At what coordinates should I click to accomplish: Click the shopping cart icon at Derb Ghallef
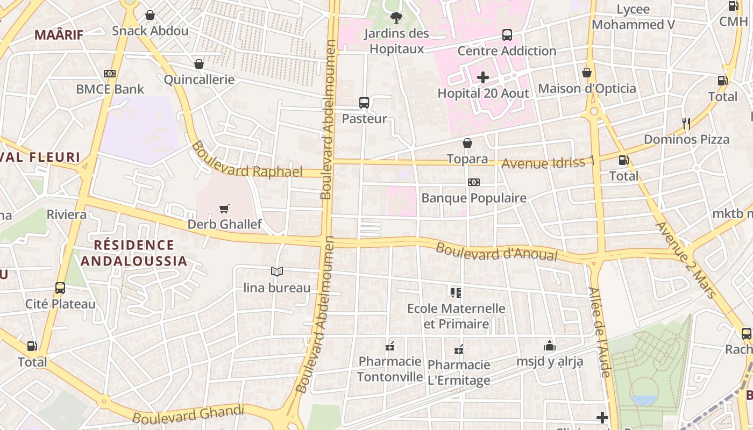pyautogui.click(x=224, y=209)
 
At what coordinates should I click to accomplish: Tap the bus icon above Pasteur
pyautogui.click(x=364, y=103)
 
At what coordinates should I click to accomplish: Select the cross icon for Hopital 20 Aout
pyautogui.click(x=483, y=77)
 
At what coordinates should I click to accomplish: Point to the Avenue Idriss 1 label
pyautogui.click(x=548, y=162)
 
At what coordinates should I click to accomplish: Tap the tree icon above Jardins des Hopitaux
pyautogui.click(x=396, y=18)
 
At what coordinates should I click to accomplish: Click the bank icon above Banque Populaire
pyautogui.click(x=473, y=182)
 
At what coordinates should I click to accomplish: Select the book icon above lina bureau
pyautogui.click(x=277, y=272)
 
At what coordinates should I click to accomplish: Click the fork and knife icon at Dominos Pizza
pyautogui.click(x=686, y=124)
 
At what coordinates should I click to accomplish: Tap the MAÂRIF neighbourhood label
pyautogui.click(x=59, y=35)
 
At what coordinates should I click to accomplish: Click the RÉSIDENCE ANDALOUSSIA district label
pyautogui.click(x=134, y=253)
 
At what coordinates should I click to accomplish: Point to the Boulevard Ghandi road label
pyautogui.click(x=188, y=414)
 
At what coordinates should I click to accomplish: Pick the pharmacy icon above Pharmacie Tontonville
pyautogui.click(x=390, y=346)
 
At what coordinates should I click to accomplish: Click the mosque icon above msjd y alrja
pyautogui.click(x=549, y=346)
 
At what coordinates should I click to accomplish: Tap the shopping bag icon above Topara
pyautogui.click(x=467, y=143)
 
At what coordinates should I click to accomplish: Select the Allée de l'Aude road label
pyautogui.click(x=599, y=332)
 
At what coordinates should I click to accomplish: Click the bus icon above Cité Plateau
pyautogui.click(x=60, y=288)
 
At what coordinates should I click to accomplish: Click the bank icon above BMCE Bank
pyautogui.click(x=110, y=73)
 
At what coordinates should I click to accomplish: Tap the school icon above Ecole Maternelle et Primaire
pyautogui.click(x=456, y=293)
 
